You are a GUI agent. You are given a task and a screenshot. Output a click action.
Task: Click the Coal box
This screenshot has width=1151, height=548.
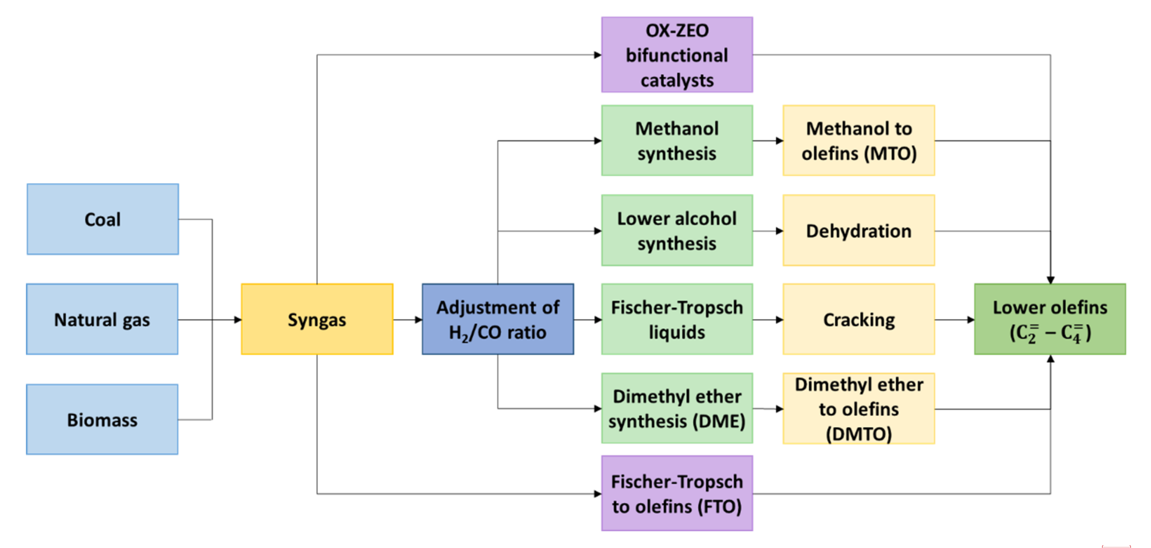103,219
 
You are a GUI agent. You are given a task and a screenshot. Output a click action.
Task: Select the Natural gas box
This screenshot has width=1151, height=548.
102,319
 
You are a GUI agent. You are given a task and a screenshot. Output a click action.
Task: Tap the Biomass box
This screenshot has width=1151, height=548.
102,419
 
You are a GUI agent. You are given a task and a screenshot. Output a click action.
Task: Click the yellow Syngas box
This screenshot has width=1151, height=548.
317,319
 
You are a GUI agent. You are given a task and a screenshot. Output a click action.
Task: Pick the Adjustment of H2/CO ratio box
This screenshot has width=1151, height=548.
498,319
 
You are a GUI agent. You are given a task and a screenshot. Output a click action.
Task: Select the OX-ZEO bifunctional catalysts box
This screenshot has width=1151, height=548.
677,55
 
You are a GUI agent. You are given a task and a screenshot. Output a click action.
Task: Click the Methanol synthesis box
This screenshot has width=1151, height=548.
677,140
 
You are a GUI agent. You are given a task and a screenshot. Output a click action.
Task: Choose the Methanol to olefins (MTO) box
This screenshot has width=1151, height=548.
858,140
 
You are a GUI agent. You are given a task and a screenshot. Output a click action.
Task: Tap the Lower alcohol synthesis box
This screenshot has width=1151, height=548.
677,230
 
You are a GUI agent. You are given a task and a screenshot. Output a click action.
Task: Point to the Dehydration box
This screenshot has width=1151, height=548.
858,230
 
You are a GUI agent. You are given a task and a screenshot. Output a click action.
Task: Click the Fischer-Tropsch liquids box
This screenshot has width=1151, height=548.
677,319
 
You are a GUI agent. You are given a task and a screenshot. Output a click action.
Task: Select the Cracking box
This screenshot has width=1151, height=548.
858,319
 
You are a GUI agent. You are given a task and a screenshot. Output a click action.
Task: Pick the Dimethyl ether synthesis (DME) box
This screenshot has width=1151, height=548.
677,408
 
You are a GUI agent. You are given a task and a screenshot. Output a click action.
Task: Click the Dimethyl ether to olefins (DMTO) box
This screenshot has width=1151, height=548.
858,408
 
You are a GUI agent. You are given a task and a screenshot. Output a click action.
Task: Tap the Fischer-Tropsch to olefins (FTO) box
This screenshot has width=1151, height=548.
677,493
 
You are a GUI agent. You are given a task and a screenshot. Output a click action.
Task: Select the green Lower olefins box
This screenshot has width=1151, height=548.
1050,319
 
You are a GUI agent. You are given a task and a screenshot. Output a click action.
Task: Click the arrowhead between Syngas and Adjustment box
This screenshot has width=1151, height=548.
418,319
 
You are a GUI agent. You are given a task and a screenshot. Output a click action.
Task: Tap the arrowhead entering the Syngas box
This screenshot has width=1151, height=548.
238,319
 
